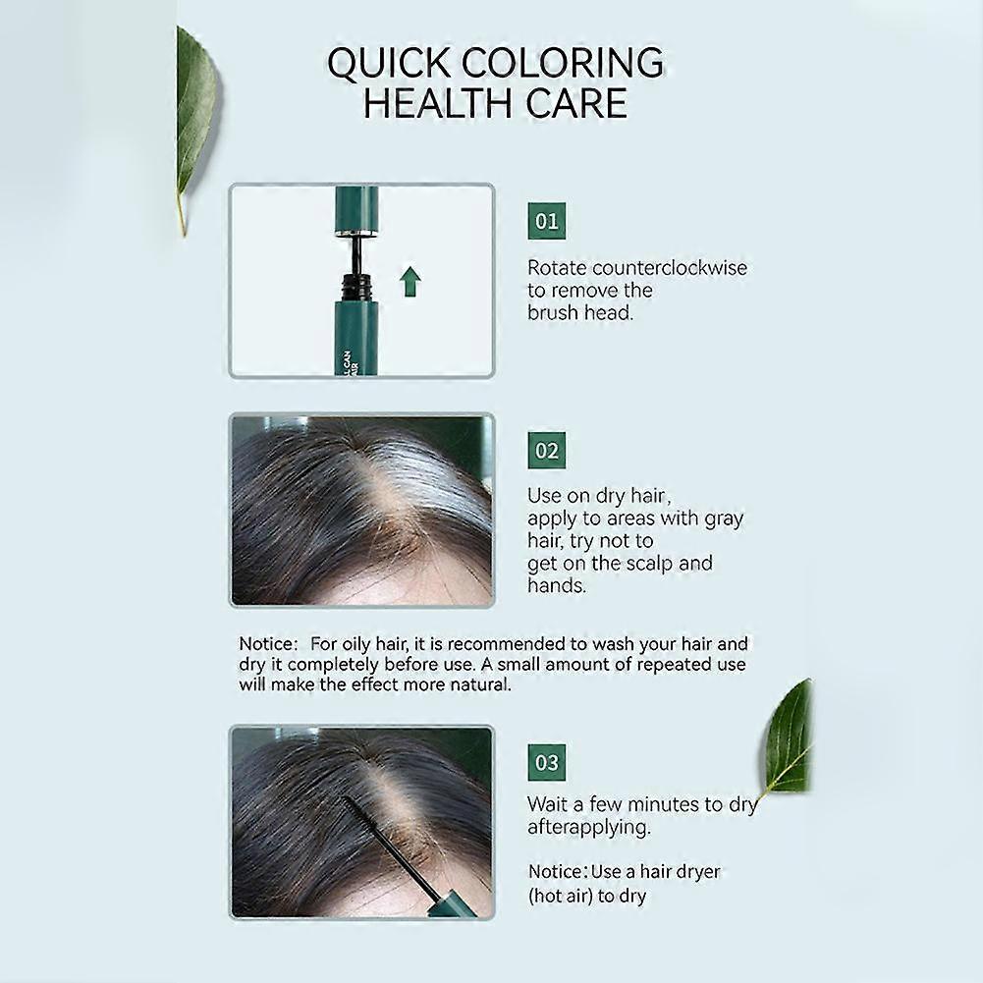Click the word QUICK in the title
click(x=388, y=63)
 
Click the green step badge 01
click(x=546, y=221)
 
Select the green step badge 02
click(x=546, y=451)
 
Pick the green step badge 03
click(x=546, y=762)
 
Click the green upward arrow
click(x=410, y=282)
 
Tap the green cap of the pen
click(x=356, y=210)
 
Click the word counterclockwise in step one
click(x=670, y=268)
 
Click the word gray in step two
click(x=724, y=519)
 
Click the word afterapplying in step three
click(x=588, y=828)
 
